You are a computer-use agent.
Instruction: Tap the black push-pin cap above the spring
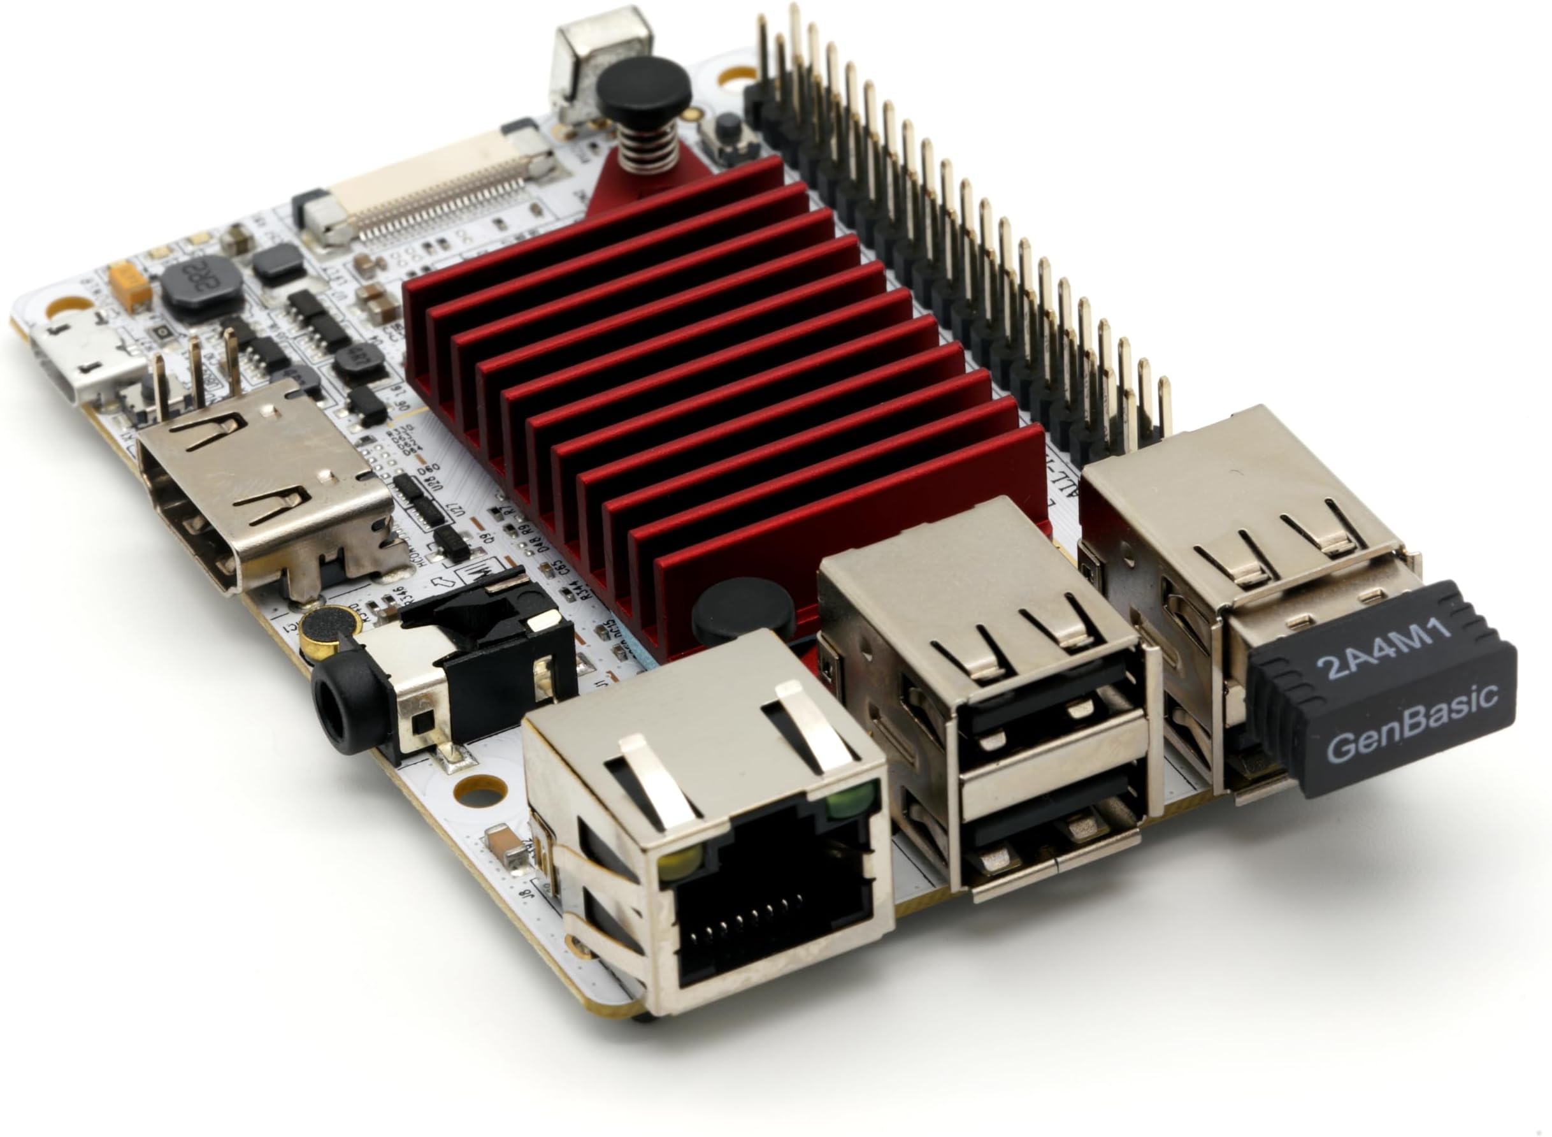pyautogui.click(x=644, y=85)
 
